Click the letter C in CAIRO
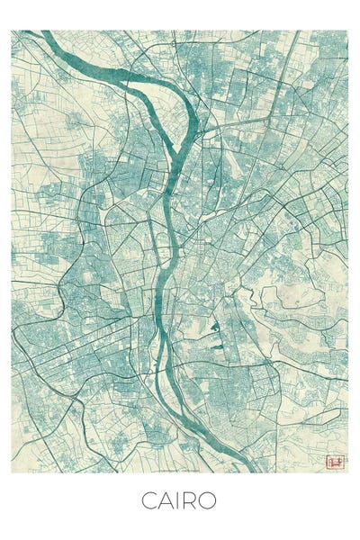click(x=148, y=500)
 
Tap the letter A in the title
click(x=166, y=500)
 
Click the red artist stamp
click(x=335, y=463)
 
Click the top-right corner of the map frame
click(x=347, y=31)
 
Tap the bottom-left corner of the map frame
click(x=12, y=472)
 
